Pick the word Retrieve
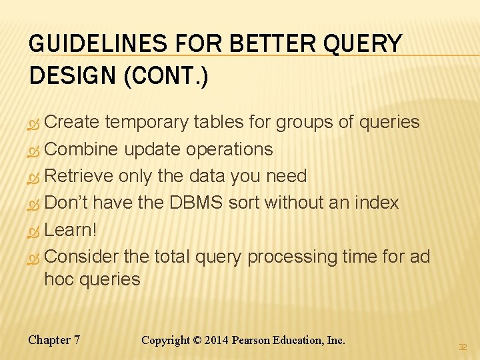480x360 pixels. [x=79, y=176]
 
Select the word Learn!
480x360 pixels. [x=71, y=230]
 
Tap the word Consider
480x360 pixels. [x=82, y=257]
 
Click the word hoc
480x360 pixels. [x=59, y=279]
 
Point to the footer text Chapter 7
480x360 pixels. [x=54, y=340]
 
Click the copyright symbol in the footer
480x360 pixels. [x=197, y=340]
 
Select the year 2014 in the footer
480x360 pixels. [x=217, y=340]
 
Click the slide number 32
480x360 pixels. [x=463, y=347]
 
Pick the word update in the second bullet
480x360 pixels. [x=152, y=149]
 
